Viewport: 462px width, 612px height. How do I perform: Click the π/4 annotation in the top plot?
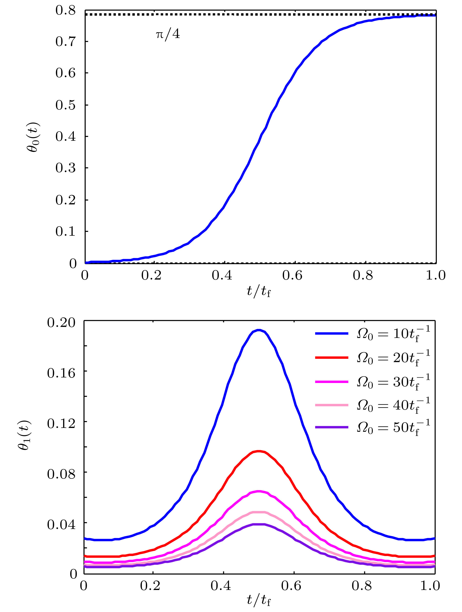[168, 35]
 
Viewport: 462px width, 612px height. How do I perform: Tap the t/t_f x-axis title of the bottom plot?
[259, 600]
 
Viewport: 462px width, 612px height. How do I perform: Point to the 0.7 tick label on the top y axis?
[66, 42]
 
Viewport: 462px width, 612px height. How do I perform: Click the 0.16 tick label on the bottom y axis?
[61, 373]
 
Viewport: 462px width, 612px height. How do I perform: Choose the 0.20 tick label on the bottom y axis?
[61, 323]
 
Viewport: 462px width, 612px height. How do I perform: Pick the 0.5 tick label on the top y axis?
[66, 105]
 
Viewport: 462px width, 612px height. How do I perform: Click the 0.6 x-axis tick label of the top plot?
[292, 275]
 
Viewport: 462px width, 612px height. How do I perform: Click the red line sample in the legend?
[331, 358]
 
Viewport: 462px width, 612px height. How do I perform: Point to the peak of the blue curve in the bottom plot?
[259, 330]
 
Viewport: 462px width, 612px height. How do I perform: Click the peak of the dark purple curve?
[259, 524]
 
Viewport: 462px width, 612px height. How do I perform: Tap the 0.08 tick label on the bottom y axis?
[61, 474]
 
